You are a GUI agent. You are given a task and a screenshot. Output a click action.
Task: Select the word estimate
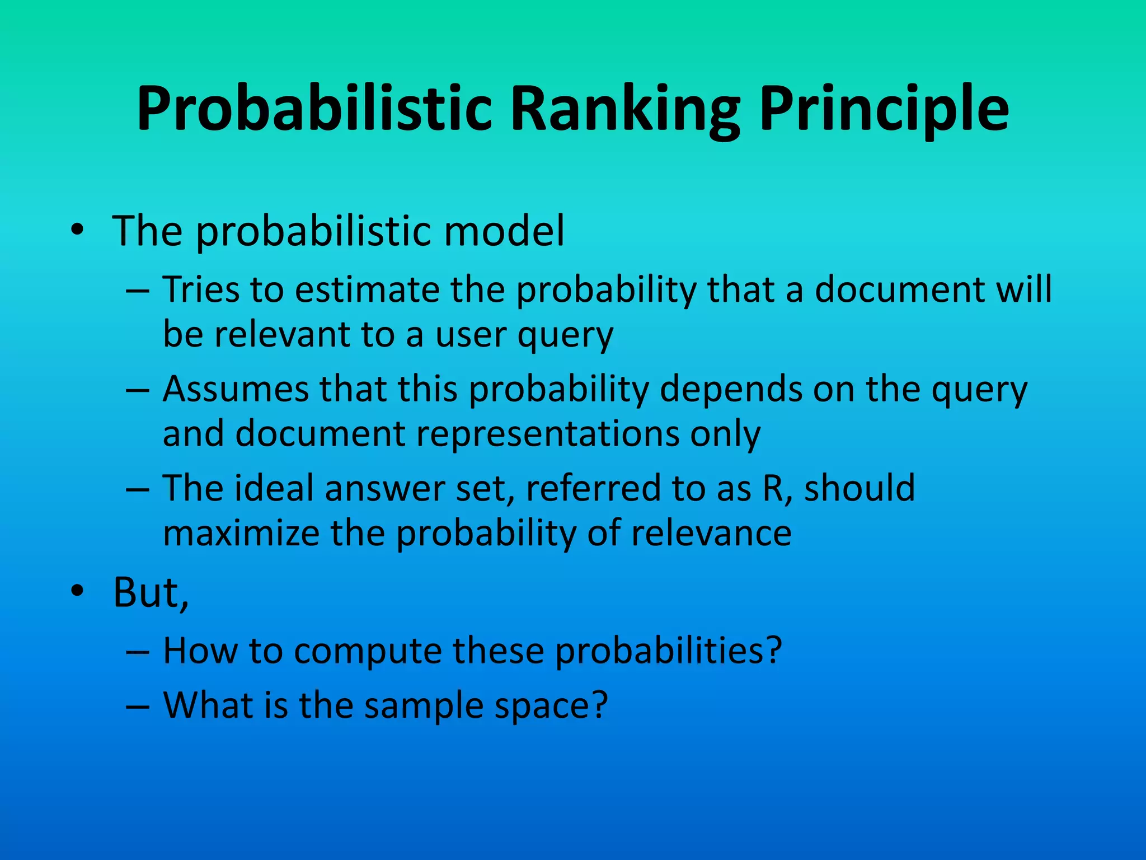pyautogui.click(x=367, y=289)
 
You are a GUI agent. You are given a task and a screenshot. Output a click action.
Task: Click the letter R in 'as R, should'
pyautogui.click(x=774, y=488)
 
